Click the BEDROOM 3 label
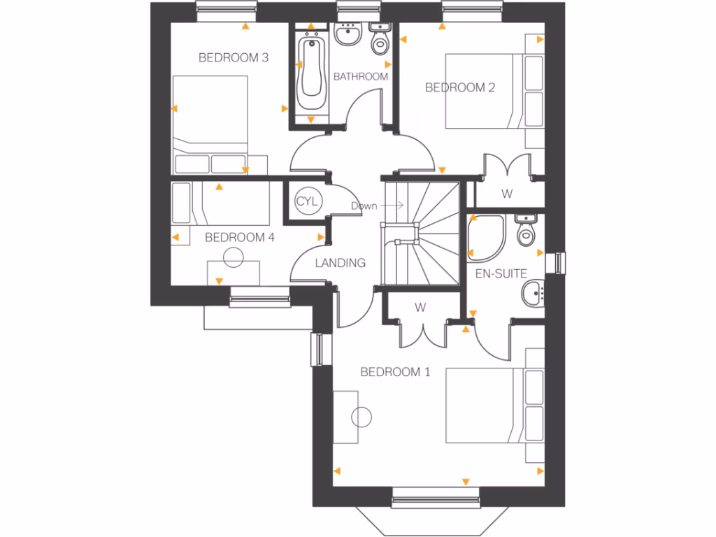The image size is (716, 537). pos(234,58)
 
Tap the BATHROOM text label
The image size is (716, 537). pos(360,76)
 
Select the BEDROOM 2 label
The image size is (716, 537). pos(460,87)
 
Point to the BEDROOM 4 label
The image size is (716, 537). pos(239,238)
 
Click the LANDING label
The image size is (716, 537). pos(341,264)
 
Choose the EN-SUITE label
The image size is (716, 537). pos(501,274)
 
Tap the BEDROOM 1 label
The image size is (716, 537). pos(395,372)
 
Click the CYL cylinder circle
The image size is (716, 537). pos(307,201)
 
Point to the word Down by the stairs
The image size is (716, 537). pos(364,206)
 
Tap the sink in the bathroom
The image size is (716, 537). pos(347,34)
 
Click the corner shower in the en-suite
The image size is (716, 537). pos(486,237)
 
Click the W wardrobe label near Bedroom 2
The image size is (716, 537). pos(505,194)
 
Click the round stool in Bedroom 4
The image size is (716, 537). pos(231,257)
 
